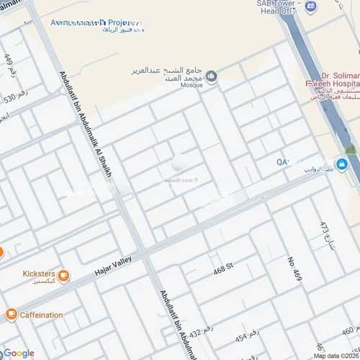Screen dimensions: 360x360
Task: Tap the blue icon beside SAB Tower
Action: point(310,7)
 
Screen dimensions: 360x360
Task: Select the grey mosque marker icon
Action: point(212,76)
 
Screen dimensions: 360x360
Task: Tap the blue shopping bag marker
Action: point(342,164)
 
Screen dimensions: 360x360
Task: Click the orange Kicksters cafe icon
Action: point(63,275)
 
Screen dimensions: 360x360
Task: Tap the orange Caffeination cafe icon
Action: point(11,315)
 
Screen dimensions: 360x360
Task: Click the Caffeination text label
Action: point(42,315)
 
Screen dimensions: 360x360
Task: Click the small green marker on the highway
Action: point(351,150)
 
